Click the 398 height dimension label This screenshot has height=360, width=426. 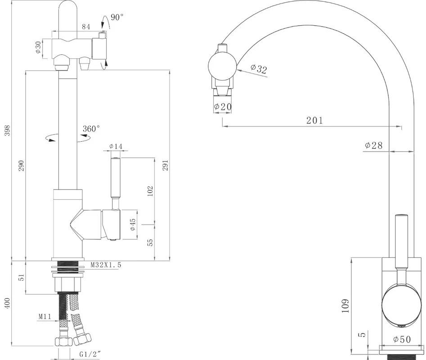(x=7, y=130)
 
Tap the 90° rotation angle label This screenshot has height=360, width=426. (x=117, y=18)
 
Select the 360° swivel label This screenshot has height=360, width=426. (x=91, y=129)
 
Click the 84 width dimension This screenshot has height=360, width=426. (x=86, y=27)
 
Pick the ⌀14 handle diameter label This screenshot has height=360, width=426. (x=116, y=146)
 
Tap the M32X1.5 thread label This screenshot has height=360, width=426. (x=106, y=265)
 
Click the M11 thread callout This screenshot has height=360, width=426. (x=45, y=316)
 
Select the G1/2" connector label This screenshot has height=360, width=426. (x=90, y=354)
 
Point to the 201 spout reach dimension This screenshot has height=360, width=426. (x=314, y=120)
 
